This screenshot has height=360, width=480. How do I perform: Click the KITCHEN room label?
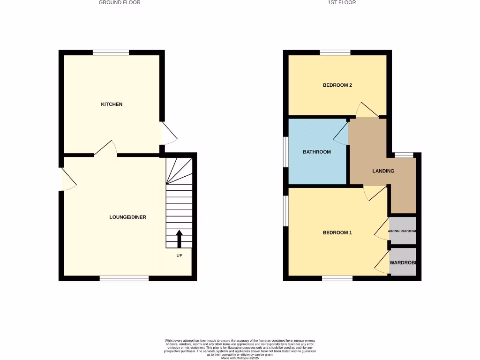coord(112,104)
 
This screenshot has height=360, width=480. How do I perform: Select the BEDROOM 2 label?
coord(337,85)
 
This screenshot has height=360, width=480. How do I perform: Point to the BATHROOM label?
coord(317,152)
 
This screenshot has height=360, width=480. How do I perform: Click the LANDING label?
coord(383,171)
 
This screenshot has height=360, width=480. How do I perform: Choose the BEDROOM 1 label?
coord(337,233)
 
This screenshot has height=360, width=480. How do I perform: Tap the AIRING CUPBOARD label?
coord(403,231)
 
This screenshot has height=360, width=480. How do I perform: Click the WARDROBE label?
coord(403,262)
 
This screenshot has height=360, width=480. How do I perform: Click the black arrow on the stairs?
coord(179,238)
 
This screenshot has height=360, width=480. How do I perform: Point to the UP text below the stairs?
coord(179,255)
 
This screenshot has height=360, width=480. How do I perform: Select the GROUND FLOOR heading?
coord(120,2)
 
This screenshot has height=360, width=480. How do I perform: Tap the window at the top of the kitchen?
coord(111,52)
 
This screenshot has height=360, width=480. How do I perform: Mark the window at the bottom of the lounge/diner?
coord(124,278)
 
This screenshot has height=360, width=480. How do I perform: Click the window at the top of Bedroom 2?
coord(335,52)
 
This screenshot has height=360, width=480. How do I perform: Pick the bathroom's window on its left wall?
coord(286,152)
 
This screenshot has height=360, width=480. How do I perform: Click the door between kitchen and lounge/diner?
coord(105,149)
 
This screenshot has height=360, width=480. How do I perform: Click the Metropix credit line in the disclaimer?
coord(240,358)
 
